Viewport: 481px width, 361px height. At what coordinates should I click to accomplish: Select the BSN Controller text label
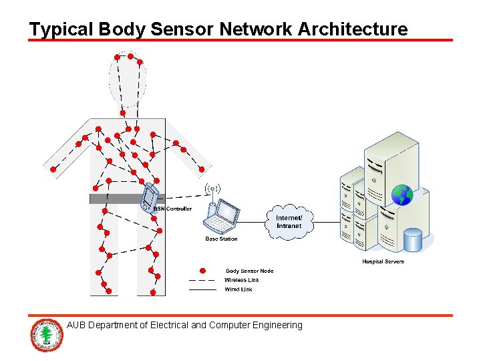coord(172,209)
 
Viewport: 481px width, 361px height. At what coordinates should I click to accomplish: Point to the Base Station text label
coord(221,239)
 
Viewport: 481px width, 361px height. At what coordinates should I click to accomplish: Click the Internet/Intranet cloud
coord(289,221)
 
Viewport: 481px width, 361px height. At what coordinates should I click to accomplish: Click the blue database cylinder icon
coord(413,240)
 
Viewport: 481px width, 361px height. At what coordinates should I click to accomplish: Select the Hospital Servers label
coord(383,261)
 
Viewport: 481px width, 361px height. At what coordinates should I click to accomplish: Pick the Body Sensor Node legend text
coord(249,271)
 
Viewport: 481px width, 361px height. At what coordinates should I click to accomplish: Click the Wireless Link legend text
coord(242,280)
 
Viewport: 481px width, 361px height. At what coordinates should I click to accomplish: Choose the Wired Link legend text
coord(238,289)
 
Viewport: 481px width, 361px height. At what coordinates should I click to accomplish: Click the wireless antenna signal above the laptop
coord(212,189)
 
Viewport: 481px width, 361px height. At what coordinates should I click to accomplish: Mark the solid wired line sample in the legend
coord(202,289)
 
